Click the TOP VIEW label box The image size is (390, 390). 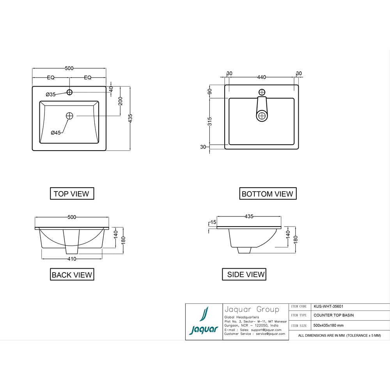pos(72,193)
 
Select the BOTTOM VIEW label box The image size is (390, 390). pos(267,193)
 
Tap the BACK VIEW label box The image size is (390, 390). pos(72,275)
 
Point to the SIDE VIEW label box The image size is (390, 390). pos(246,274)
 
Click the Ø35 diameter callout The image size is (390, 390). pos(51,94)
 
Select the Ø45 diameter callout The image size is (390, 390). pos(56,133)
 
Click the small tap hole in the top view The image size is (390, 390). pos(70,92)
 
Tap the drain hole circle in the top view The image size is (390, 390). pos(70,116)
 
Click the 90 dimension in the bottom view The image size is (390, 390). pos(209,92)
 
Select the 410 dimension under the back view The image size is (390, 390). pos(72,259)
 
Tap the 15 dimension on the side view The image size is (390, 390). pos(213,222)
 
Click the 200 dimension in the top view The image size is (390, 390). pos(121,101)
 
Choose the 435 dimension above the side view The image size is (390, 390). pos(249,216)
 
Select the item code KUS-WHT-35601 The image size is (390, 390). pos(328,307)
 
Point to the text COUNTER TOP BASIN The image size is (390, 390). pos(333,315)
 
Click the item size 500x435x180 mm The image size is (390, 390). pos(328,325)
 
